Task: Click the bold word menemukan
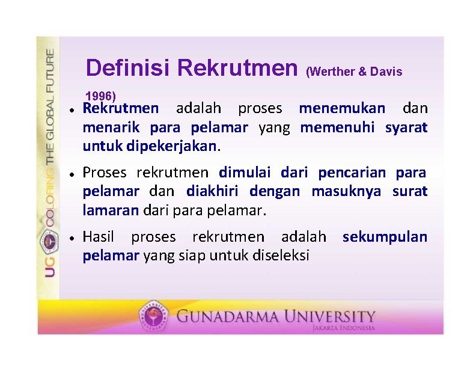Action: (342, 109)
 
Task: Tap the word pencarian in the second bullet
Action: (353, 173)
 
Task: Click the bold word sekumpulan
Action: (385, 237)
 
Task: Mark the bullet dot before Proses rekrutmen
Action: (71, 174)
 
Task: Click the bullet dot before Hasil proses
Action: (71, 238)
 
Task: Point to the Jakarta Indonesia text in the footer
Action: (343, 328)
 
